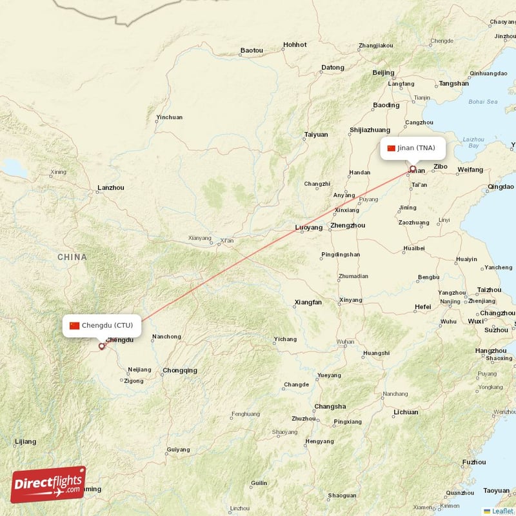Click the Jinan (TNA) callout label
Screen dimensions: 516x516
coord(412,148)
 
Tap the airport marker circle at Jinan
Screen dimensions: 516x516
coord(413,170)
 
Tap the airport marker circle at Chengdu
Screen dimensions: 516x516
coord(101,346)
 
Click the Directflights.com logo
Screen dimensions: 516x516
coord(48,485)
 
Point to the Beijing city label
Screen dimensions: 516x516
coord(383,73)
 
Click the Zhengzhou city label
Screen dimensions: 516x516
coord(347,226)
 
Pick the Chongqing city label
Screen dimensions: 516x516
coord(180,370)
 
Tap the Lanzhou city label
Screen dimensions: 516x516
coord(110,188)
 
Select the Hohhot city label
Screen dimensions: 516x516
coord(295,45)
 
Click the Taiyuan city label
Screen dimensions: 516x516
coord(316,135)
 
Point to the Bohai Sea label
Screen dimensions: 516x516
coord(483,102)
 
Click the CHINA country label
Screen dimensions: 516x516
coord(72,257)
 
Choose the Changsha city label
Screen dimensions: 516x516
coord(330,406)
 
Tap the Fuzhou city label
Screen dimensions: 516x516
coord(474,462)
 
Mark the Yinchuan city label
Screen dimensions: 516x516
coord(169,117)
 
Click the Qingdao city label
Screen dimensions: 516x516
coord(501,186)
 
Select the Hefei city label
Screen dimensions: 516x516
coord(423,306)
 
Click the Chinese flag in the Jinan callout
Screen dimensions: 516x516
coord(391,148)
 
